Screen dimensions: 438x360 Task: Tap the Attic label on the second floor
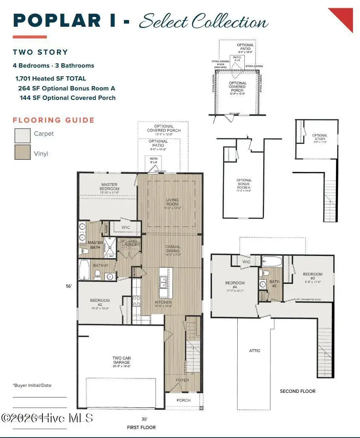[x=255, y=350]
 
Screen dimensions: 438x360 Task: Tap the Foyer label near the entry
[x=182, y=380]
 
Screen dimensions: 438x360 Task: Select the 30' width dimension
[x=144, y=419]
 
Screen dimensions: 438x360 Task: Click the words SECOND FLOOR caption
[x=298, y=391]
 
